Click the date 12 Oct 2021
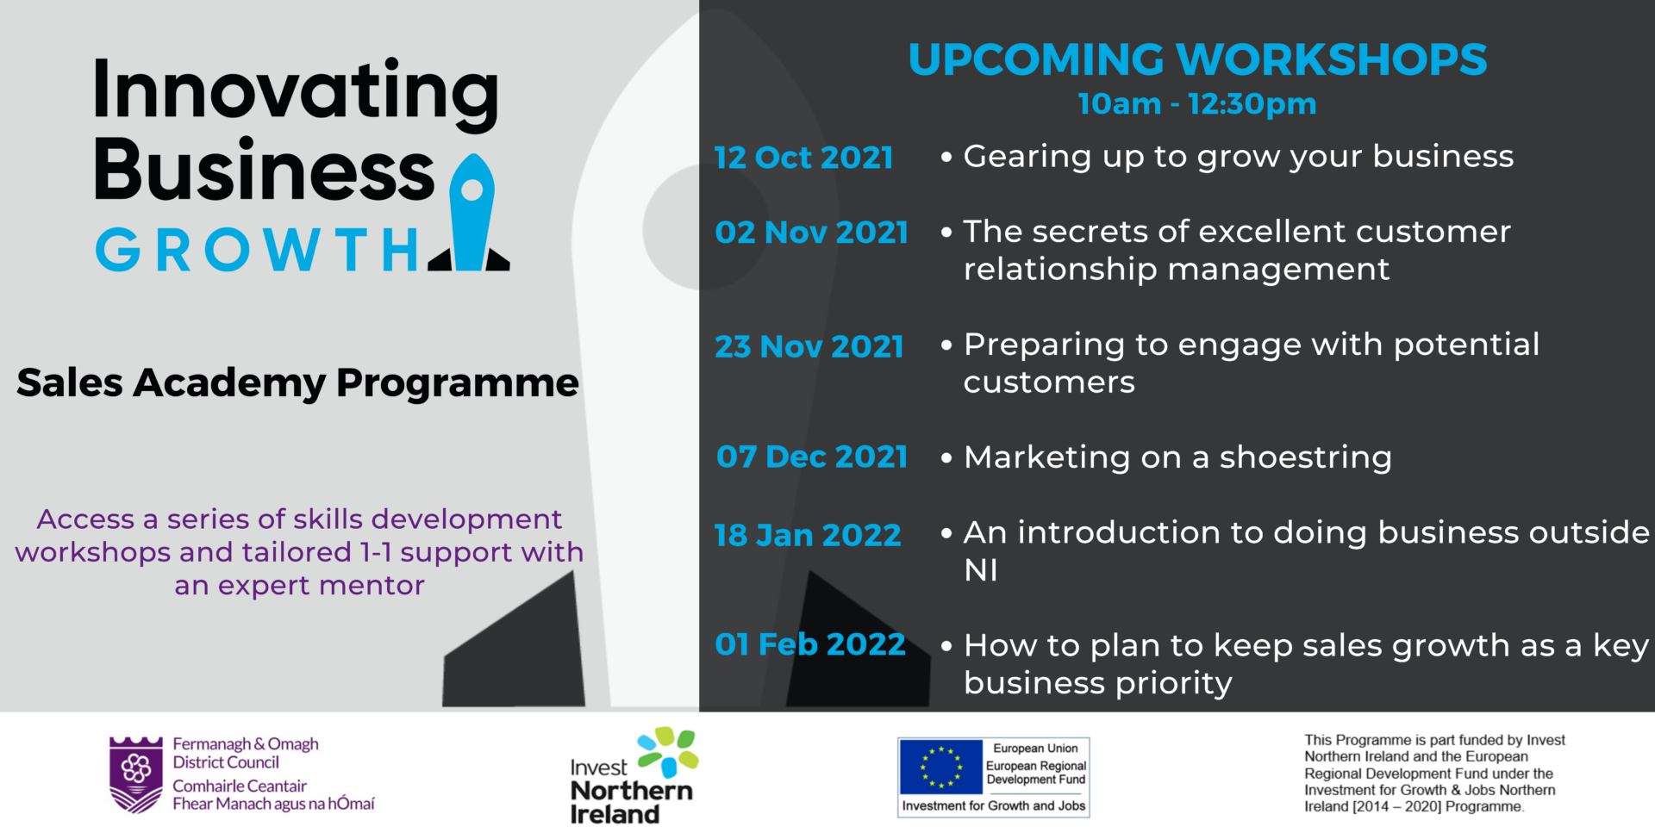click(x=803, y=158)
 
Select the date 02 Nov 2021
click(x=811, y=233)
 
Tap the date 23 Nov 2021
click(x=809, y=347)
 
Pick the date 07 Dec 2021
click(x=811, y=457)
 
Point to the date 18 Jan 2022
click(x=808, y=536)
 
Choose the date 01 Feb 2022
click(x=809, y=644)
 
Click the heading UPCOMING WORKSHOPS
click(x=1197, y=59)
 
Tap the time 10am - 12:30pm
click(x=1197, y=104)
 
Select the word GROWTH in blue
click(x=257, y=250)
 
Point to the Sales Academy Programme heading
click(x=297, y=383)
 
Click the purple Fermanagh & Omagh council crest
click(x=135, y=774)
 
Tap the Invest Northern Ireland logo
click(x=634, y=776)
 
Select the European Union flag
click(x=940, y=767)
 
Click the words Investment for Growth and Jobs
click(x=994, y=806)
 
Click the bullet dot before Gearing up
click(x=946, y=158)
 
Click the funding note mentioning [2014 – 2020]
click(x=1434, y=774)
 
